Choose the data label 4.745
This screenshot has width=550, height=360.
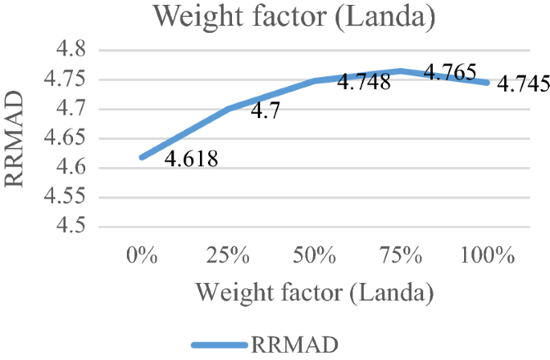click(x=523, y=83)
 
